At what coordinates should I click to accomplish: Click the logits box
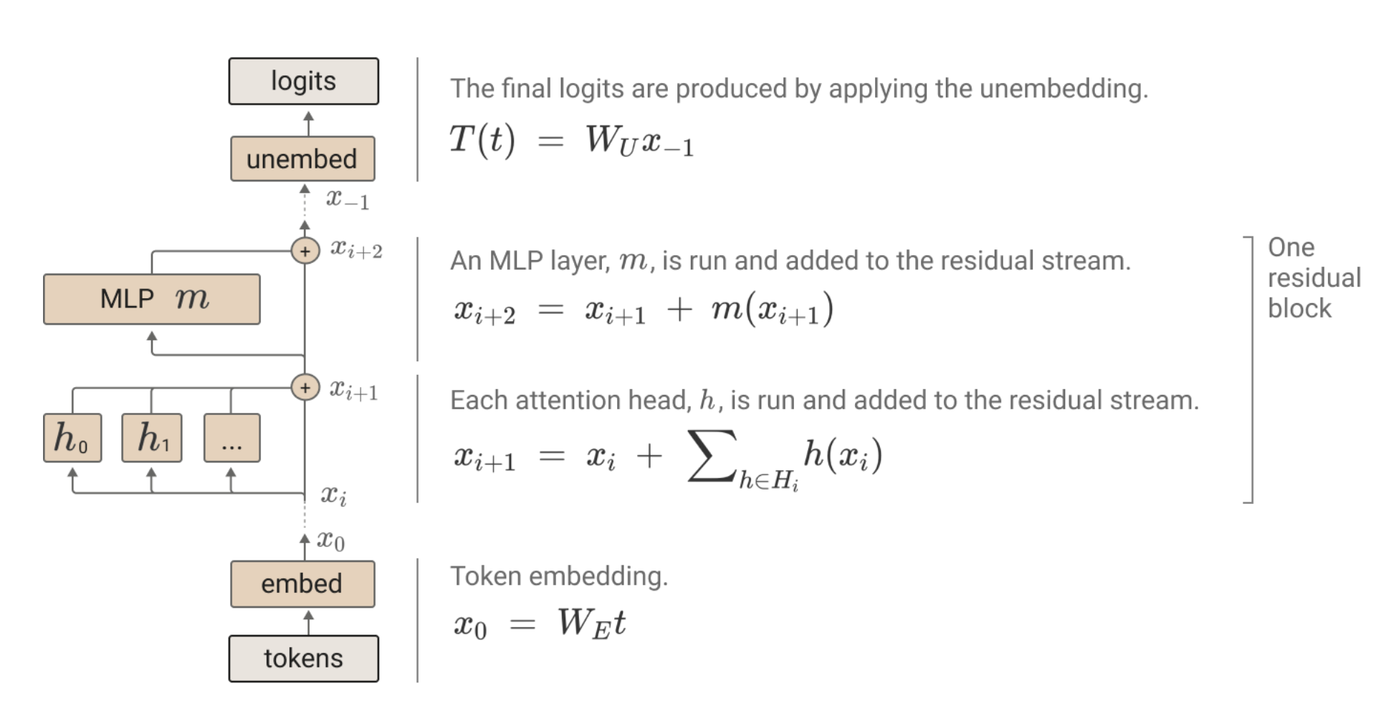pos(303,81)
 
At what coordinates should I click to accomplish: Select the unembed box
pos(302,158)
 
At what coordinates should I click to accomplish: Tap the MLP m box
pos(151,299)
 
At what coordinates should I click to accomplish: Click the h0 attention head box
pos(72,437)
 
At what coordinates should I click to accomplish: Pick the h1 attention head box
pos(152,437)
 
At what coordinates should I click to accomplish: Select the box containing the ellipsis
pos(231,437)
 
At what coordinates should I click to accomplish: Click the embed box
pos(302,583)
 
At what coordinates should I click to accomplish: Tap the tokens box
pos(303,658)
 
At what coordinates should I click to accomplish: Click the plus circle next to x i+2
pos(305,251)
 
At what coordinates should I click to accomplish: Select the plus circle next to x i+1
pos(305,388)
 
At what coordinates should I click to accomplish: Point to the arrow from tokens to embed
pos(308,621)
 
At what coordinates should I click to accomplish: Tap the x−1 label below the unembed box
pos(348,199)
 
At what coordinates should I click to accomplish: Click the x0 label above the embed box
pos(330,540)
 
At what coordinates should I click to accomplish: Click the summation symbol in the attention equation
pos(711,455)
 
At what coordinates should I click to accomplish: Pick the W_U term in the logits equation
pos(611,140)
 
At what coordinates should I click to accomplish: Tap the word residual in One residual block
pos(1314,277)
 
